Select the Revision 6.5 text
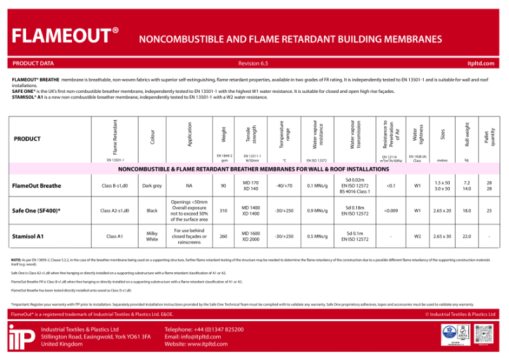click(253, 64)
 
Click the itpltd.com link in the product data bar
click(480, 64)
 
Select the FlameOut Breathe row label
click(37, 186)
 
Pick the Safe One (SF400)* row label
click(37, 211)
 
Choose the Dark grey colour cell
click(152, 186)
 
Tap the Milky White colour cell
click(152, 236)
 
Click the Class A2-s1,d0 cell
click(115, 211)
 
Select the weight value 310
click(223, 211)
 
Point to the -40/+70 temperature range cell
click(284, 186)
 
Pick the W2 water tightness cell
click(417, 236)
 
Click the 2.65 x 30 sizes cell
click(442, 236)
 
